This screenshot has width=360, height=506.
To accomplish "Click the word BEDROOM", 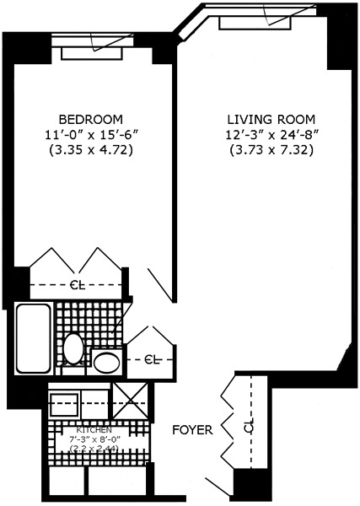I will tap(91, 119).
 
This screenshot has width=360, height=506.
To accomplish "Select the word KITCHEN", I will tap(94, 429).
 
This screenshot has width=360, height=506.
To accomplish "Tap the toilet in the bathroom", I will tap(74, 347).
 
